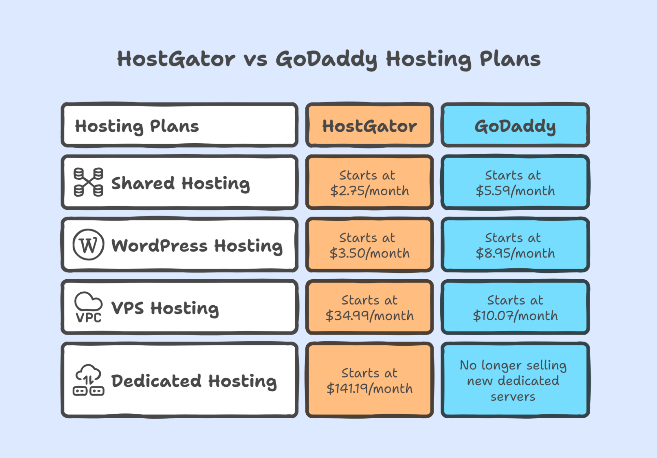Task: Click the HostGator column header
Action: [x=369, y=125]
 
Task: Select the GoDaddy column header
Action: [x=515, y=125]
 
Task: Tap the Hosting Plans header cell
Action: [x=179, y=125]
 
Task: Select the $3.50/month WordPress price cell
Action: [x=369, y=245]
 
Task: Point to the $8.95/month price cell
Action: [x=515, y=245]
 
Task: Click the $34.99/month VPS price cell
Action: [x=369, y=307]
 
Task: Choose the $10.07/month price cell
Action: [x=515, y=307]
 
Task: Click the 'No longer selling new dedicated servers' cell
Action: [x=515, y=380]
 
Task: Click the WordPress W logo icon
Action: [x=88, y=245]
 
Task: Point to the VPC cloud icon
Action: [x=88, y=307]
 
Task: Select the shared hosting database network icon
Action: [x=88, y=182]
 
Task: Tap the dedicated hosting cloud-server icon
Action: [x=88, y=380]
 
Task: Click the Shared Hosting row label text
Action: [x=180, y=183]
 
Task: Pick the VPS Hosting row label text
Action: [x=165, y=308]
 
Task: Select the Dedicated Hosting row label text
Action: [x=194, y=381]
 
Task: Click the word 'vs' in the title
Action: [x=255, y=59]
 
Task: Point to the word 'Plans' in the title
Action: [x=510, y=59]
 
